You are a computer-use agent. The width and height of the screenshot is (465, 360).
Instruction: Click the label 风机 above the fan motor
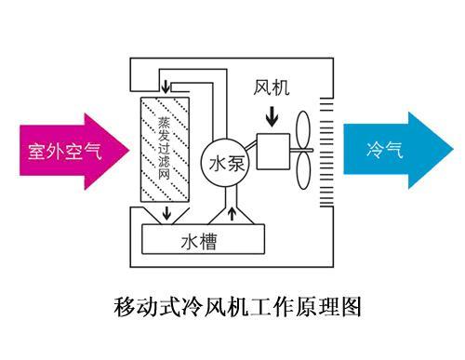tap(272, 88)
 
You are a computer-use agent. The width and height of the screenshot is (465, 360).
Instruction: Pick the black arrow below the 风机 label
tap(272, 117)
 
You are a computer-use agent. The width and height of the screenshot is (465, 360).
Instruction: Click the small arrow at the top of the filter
tap(166, 87)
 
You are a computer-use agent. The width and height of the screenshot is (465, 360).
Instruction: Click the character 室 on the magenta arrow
tap(36, 151)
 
